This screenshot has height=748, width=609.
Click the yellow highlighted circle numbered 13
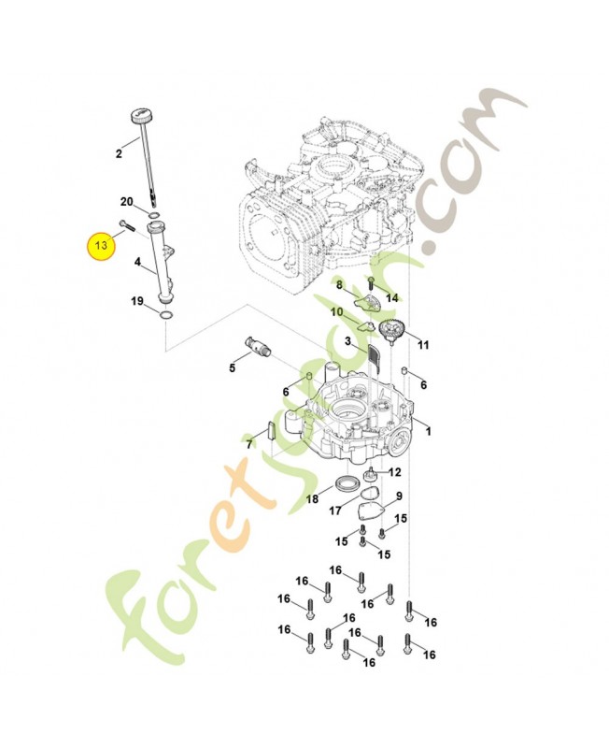tap(100, 245)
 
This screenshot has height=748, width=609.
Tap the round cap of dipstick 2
tap(138, 117)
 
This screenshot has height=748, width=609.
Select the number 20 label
tap(127, 202)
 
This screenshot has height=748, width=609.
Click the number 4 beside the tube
tap(137, 263)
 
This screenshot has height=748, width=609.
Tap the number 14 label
tap(392, 297)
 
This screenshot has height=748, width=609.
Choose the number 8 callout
tap(340, 285)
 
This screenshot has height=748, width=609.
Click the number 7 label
tap(249, 445)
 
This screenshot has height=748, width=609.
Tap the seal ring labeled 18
tap(346, 483)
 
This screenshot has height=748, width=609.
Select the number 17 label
tap(335, 511)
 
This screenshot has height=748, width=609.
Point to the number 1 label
tap(429, 430)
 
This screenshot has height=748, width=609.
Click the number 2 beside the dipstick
tap(119, 152)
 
